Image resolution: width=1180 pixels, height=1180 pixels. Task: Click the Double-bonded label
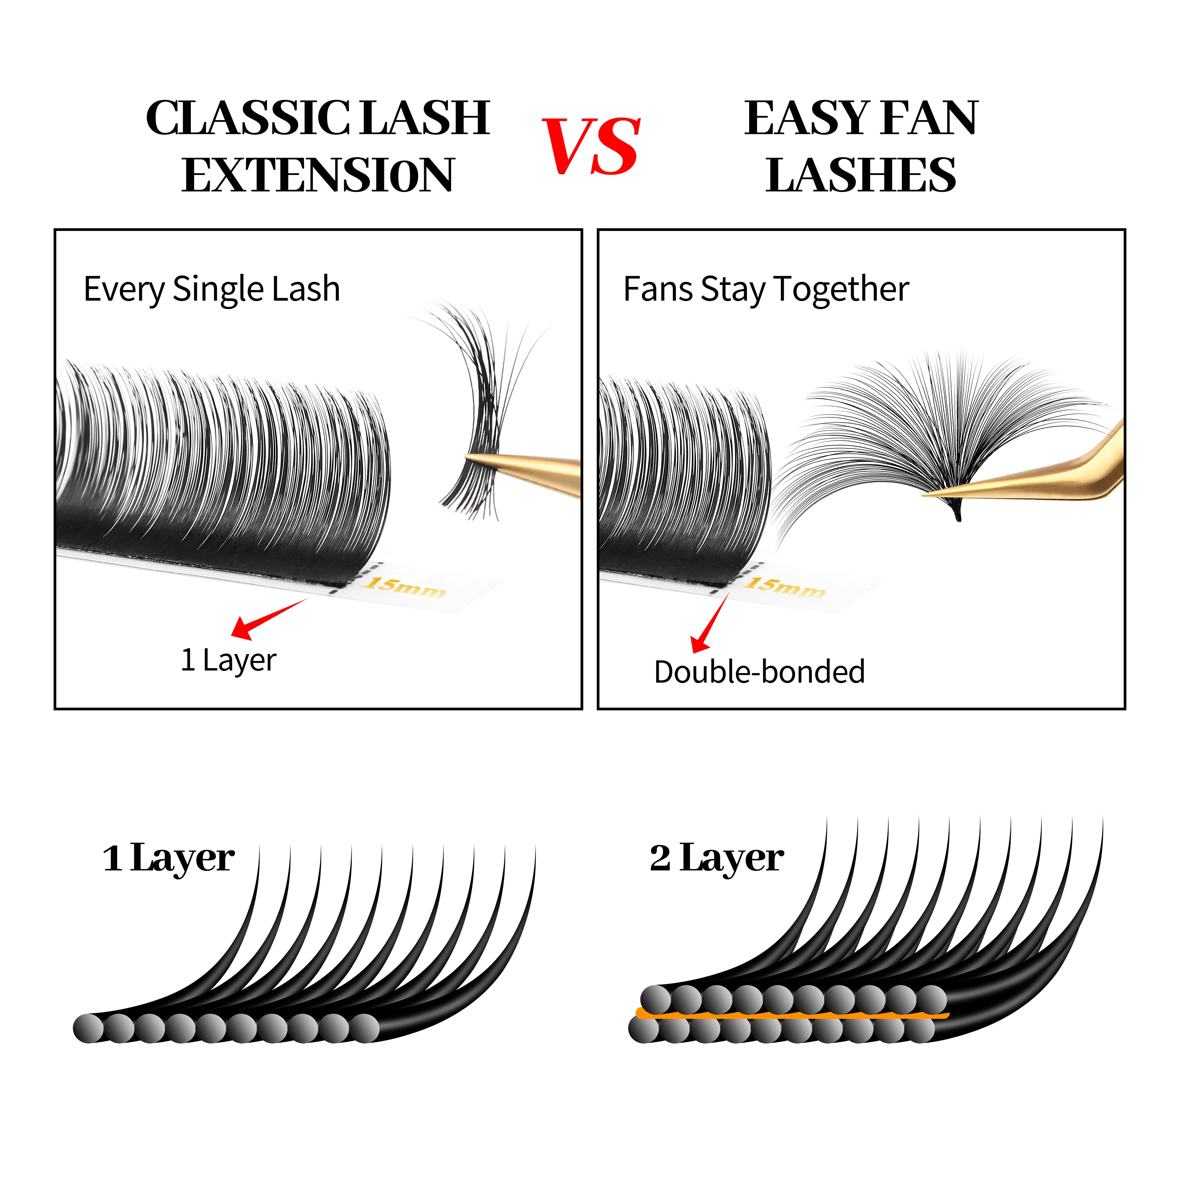(x=759, y=672)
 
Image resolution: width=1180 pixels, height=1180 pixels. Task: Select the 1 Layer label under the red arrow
(x=229, y=660)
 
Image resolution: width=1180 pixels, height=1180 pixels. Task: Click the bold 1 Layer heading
(x=169, y=858)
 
